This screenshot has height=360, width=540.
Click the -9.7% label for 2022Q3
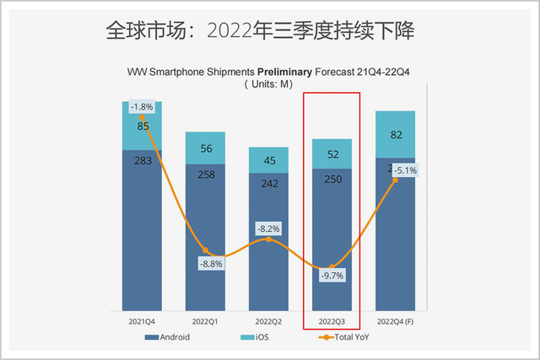click(x=332, y=276)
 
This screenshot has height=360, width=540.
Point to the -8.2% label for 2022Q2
click(x=269, y=228)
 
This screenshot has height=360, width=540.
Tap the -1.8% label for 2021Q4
click(x=141, y=107)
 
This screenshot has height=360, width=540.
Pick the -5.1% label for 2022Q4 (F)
click(x=403, y=169)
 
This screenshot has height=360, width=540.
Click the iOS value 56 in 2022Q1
click(x=205, y=148)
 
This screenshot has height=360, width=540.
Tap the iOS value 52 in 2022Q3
click(x=332, y=153)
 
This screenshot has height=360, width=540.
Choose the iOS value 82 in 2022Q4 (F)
click(x=396, y=135)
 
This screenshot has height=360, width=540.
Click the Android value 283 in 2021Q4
click(x=141, y=162)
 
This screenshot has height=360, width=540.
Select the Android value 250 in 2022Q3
click(x=332, y=180)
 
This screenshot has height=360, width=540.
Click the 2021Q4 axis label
click(x=141, y=320)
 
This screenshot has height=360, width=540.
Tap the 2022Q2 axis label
click(x=269, y=320)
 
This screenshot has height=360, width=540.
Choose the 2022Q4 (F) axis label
click(x=396, y=320)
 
